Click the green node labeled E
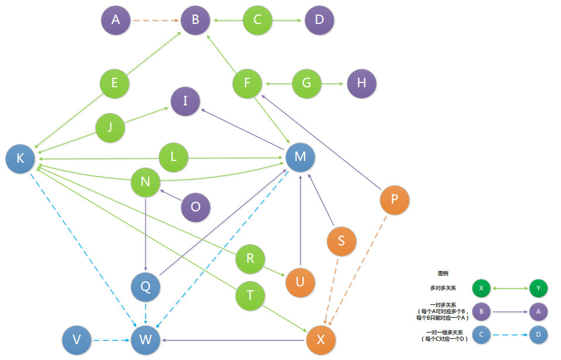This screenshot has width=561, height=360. point(115,83)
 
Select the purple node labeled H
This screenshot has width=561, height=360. point(361,83)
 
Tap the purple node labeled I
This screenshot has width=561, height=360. point(185,101)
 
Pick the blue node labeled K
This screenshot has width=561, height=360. point(20,159)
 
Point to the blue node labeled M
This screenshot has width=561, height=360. point(300,156)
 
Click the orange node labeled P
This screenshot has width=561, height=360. point(395,200)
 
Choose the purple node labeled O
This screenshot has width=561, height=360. point(196,207)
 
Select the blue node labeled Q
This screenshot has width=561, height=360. point(146,287)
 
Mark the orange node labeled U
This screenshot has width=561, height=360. point(300,282)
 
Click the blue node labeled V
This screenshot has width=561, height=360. point(77,340)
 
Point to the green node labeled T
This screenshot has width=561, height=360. point(251,295)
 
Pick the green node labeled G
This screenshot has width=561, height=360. point(307,83)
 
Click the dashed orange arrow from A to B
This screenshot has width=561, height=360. point(155,20)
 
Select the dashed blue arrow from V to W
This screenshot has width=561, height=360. point(111,340)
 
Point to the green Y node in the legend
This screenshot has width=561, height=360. point(538,288)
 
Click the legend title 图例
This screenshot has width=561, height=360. point(443,273)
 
